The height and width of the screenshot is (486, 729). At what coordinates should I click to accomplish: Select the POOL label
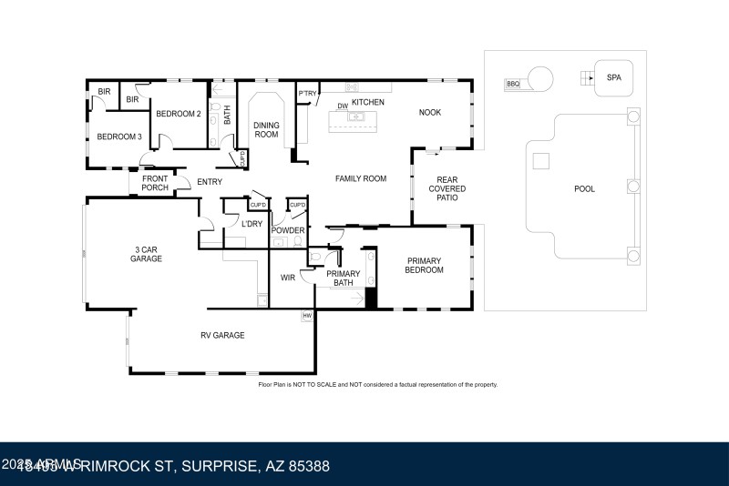584,189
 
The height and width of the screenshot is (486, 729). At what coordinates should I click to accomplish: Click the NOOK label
429,113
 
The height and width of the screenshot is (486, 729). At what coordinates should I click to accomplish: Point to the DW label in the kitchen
343,106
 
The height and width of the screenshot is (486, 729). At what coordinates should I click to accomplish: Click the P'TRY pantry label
306,94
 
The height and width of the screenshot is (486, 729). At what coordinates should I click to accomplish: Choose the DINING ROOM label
266,129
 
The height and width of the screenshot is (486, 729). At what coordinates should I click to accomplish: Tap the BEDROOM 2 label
178,114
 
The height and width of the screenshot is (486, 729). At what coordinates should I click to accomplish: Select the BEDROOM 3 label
119,137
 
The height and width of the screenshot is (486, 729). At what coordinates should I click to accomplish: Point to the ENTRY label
210,182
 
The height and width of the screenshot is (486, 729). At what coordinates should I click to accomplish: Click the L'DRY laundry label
252,223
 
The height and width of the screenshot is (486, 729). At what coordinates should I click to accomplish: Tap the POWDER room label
288,230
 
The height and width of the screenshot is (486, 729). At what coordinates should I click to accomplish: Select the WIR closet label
288,278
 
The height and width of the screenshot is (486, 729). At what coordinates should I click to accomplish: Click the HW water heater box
307,316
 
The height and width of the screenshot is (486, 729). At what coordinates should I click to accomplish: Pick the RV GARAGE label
222,336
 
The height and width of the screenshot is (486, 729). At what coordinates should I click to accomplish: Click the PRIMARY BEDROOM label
425,265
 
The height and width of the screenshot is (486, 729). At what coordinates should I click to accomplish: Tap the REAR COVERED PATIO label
447,189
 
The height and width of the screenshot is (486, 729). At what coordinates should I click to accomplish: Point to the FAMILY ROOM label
361,178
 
